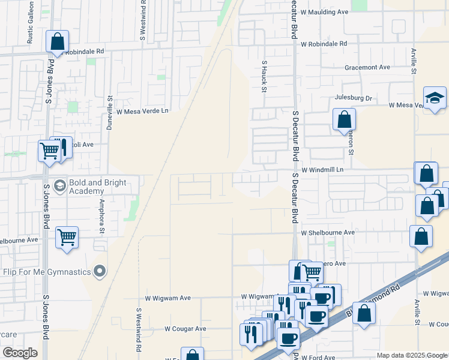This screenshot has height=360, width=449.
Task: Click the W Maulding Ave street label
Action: point(324,11)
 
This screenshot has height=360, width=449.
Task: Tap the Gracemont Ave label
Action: point(367,67)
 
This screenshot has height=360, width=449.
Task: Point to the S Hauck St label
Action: point(264,76)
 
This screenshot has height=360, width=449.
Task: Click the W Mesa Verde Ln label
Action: point(143,111)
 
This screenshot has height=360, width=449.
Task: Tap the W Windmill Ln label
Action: point(322,170)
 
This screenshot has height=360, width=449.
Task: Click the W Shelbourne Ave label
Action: point(328,232)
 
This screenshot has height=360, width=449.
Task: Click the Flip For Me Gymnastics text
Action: point(47,272)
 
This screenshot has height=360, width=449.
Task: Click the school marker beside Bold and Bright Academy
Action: point(59,185)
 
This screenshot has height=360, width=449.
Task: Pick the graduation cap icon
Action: point(435,98)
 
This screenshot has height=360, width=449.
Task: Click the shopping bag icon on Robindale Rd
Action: point(58,42)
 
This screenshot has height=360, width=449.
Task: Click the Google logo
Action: point(20,353)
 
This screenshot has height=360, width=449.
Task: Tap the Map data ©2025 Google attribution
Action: point(411,355)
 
